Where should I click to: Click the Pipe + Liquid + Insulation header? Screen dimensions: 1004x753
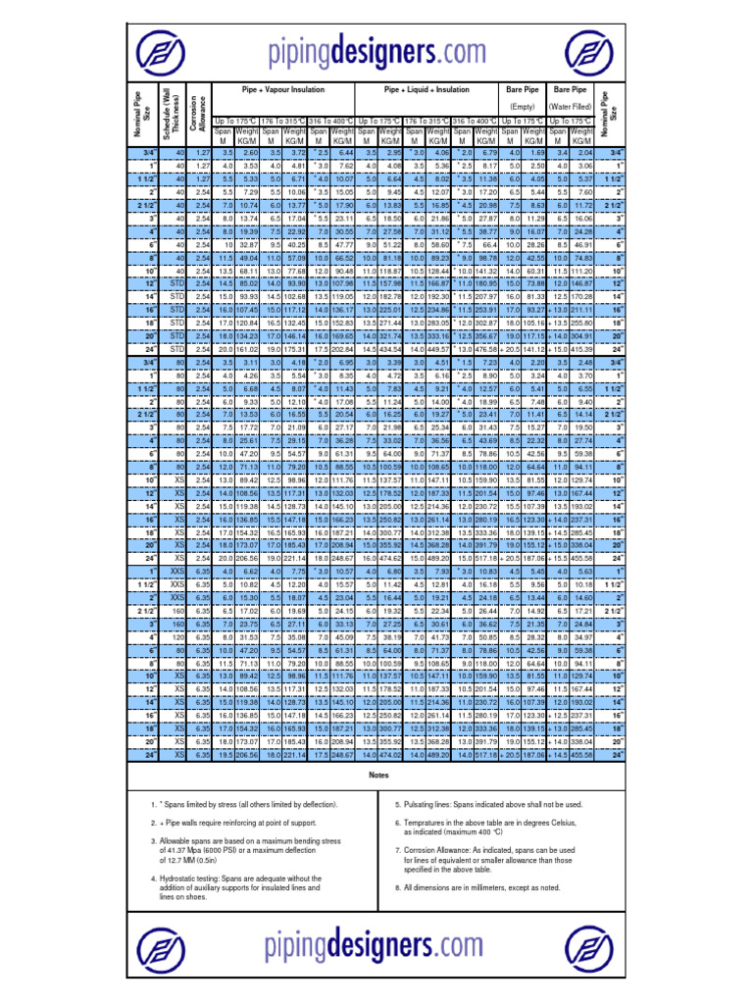click(427, 88)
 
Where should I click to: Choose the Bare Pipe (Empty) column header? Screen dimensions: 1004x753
click(522, 96)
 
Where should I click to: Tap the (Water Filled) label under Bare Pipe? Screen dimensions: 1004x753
click(570, 105)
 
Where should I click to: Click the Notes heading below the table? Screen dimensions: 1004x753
click(376, 775)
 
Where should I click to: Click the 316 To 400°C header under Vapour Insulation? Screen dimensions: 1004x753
click(331, 119)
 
